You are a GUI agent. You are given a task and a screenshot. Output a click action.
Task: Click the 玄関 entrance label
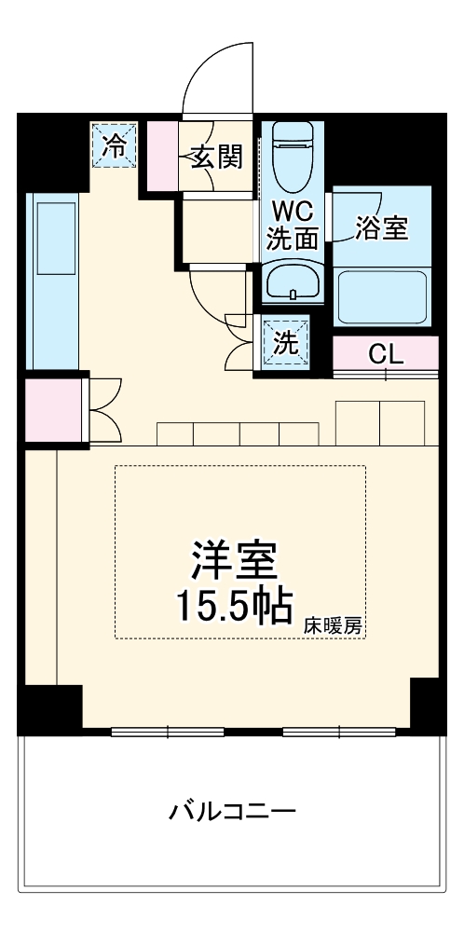(x=217, y=158)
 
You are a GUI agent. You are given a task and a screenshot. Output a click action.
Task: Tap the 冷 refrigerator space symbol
(x=114, y=145)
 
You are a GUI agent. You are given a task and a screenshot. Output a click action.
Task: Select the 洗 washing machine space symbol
(x=286, y=342)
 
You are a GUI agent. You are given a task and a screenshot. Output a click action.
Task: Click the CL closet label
(x=386, y=353)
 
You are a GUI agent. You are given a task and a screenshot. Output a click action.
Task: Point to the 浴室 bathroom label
(x=383, y=229)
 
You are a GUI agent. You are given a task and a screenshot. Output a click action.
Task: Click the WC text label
(x=293, y=210)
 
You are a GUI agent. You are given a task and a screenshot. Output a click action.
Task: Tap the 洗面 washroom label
(x=293, y=239)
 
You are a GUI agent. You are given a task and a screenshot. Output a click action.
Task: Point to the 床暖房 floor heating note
(x=333, y=626)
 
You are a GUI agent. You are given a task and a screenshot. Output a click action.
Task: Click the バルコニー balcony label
(x=232, y=810)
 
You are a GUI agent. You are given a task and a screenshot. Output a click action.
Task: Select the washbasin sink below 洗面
(x=293, y=281)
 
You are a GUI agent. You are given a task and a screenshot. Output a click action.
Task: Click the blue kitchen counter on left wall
(x=52, y=280)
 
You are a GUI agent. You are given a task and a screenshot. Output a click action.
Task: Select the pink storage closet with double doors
(x=53, y=409)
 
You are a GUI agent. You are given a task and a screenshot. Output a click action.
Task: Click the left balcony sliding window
(x=168, y=731)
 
